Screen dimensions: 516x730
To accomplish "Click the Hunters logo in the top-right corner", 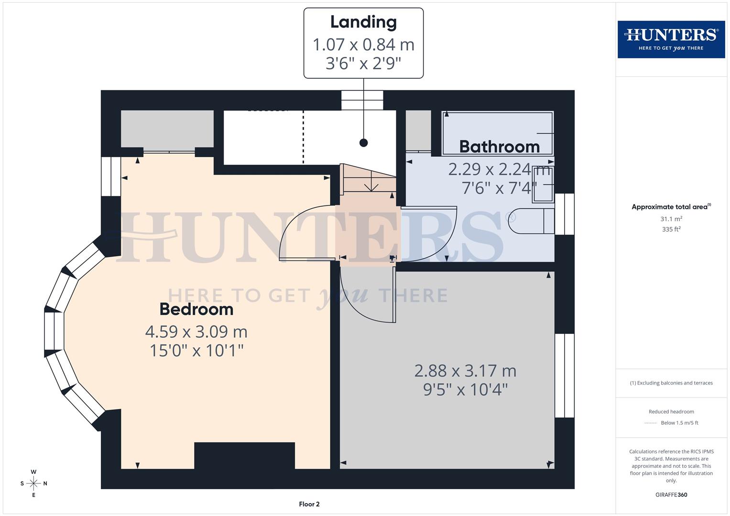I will (671, 39).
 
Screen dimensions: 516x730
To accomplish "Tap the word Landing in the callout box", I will (363, 22).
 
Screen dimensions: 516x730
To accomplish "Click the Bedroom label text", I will (196, 309).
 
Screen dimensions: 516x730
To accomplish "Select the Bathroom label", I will (499, 147).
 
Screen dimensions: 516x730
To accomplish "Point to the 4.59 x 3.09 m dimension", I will (196, 331).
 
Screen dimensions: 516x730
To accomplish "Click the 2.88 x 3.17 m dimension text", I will (465, 371).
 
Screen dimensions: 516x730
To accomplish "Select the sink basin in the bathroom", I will (543, 184).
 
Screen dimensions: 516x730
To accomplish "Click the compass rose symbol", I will (33, 484).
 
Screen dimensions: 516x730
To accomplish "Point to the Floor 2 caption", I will (309, 504).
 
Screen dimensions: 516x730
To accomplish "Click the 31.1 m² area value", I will (671, 219).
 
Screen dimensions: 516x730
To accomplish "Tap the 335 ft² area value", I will (671, 229).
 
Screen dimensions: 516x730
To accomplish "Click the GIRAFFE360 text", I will (671, 494).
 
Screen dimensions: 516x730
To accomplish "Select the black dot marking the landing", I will (364, 142).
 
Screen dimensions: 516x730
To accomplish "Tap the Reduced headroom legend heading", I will (671, 411).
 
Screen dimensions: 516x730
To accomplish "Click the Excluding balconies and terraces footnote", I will (671, 383).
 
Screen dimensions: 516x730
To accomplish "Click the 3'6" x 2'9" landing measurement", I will (363, 63).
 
